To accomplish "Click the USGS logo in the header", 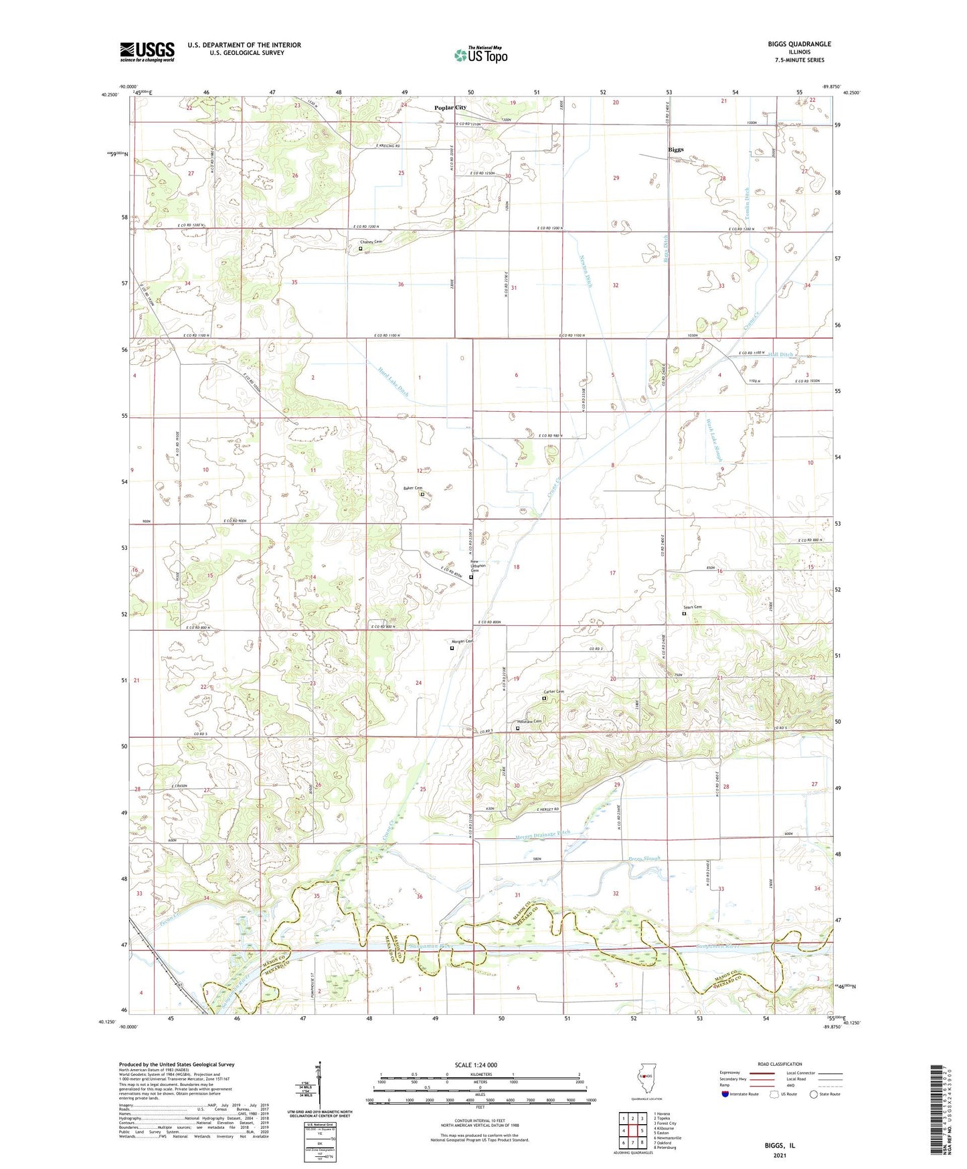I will coord(147,52).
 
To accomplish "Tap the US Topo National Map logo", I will coord(480,55).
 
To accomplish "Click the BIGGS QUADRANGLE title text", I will coord(799,44).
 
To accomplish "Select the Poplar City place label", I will coord(450,108).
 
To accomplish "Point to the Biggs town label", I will coord(676,149).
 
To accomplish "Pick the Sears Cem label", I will coord(693,607).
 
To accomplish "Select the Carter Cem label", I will coord(553,692).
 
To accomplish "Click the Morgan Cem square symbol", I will coord(452,648).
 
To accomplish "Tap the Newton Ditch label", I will coord(586,273).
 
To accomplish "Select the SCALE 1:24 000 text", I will coord(476,1065).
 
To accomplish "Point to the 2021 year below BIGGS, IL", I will coord(780,1155).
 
